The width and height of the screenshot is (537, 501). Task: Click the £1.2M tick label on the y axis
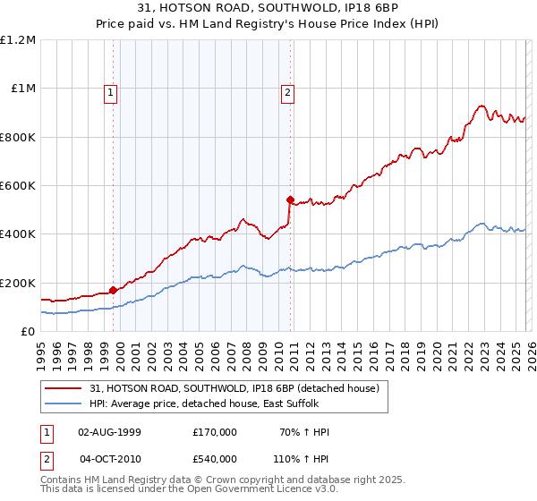[x=18, y=40]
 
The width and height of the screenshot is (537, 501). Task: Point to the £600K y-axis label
[x=18, y=186]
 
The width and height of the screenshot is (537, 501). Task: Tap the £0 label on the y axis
[x=27, y=332]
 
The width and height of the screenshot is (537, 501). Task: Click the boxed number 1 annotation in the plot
[x=110, y=90]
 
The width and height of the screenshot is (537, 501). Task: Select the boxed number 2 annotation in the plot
[x=287, y=90]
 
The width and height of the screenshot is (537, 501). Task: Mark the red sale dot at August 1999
[x=113, y=290]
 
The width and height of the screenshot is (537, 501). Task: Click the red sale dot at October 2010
[x=290, y=200]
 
